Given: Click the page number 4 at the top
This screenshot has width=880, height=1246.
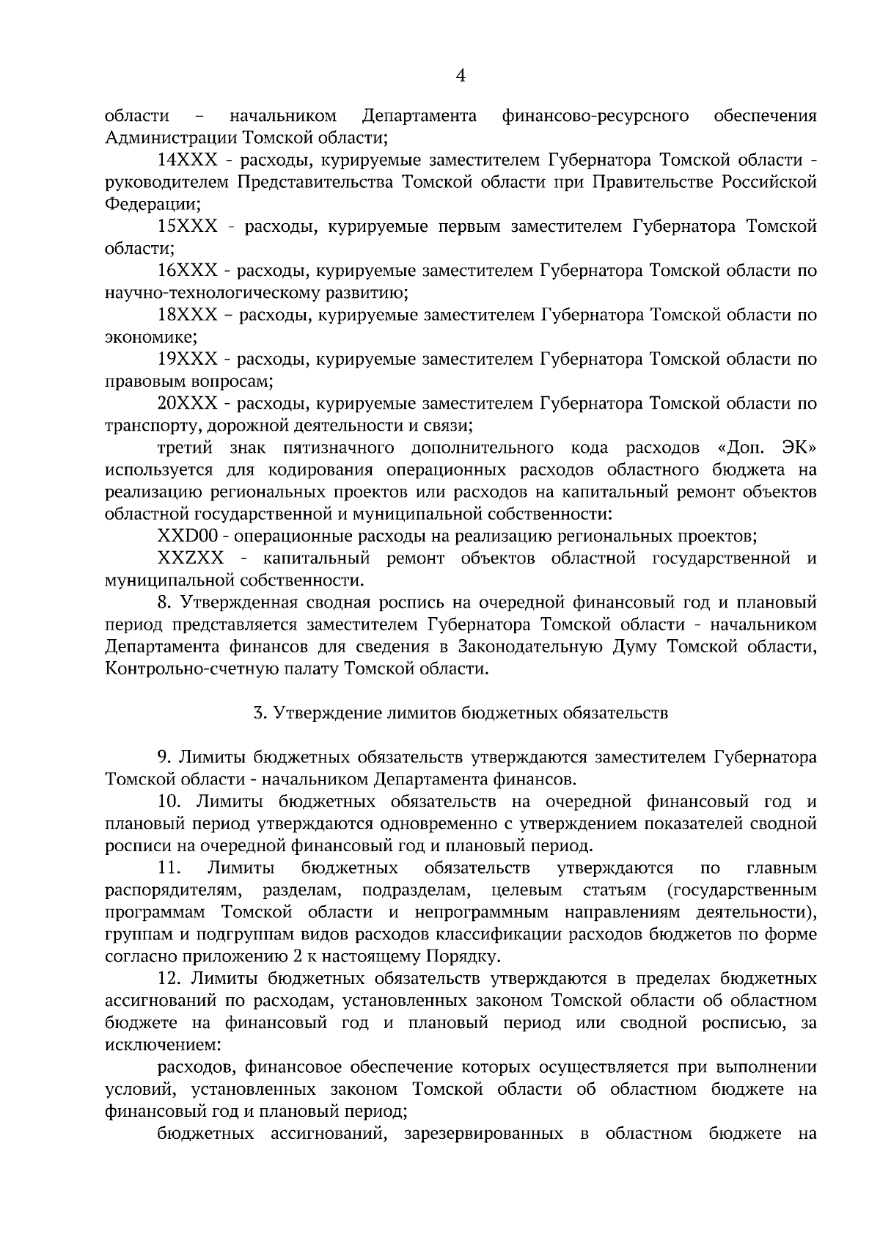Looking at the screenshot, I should click(x=461, y=75).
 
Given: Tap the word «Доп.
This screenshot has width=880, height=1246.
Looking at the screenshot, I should click(x=736, y=448).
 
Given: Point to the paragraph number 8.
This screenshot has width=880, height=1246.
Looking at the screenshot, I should click(x=164, y=603).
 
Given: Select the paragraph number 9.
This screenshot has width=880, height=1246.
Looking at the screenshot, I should click(x=164, y=757).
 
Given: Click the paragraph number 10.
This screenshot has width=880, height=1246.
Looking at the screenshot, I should click(x=169, y=801).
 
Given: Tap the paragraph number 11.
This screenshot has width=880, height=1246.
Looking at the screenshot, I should click(x=169, y=868).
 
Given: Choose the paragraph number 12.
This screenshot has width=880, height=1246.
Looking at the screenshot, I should click(x=169, y=979).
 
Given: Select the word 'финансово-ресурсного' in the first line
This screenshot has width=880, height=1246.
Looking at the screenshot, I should click(x=595, y=116).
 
